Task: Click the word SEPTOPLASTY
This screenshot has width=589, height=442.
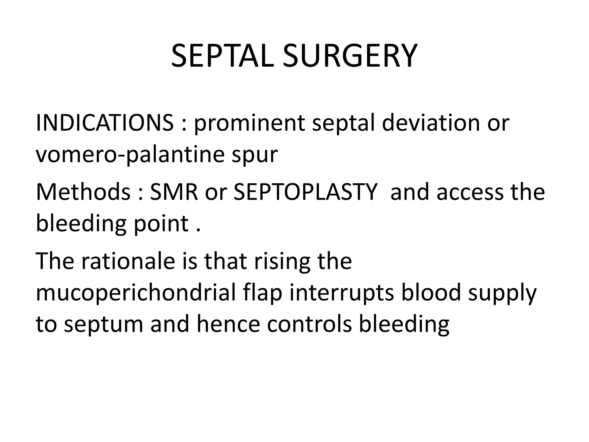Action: click(x=305, y=192)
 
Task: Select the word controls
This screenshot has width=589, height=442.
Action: click(x=309, y=324)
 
